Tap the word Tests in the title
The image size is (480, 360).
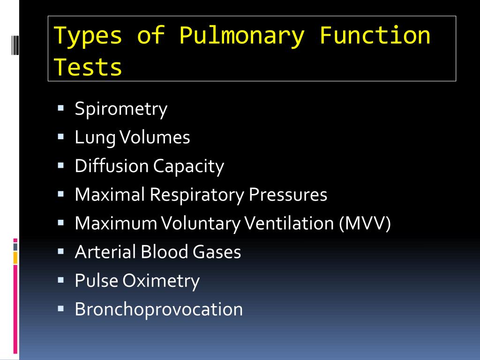(x=88, y=67)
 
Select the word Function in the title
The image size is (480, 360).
(x=375, y=36)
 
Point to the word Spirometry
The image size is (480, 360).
(x=121, y=109)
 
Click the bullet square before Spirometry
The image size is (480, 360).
(x=60, y=108)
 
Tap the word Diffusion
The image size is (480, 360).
(x=111, y=166)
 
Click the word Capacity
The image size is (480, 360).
(x=189, y=166)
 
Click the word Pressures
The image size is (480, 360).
(x=288, y=195)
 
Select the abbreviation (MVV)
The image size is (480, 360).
(x=365, y=223)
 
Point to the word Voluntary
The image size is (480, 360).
(x=201, y=223)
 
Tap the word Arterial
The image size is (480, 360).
(x=105, y=252)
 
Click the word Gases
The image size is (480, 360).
(x=217, y=252)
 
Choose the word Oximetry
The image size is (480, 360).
(x=161, y=281)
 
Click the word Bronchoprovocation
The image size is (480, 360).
(x=159, y=309)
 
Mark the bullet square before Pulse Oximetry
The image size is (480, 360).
(x=60, y=280)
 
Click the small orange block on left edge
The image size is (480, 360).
(x=15, y=257)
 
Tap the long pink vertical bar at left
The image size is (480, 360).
(x=15, y=309)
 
